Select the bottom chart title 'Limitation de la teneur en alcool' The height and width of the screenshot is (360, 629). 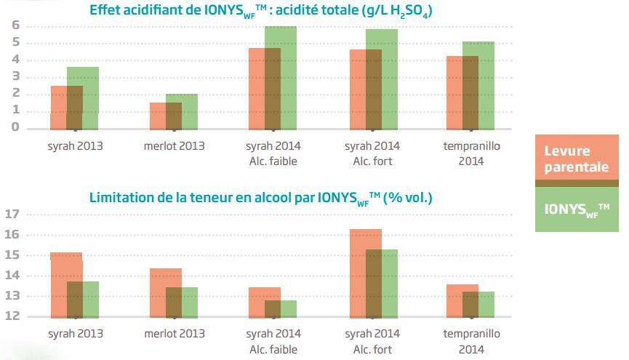[261, 197]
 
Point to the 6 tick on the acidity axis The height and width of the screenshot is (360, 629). [14, 26]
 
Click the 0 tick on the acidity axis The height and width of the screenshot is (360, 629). [14, 127]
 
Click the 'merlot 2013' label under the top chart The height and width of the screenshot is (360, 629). [175, 145]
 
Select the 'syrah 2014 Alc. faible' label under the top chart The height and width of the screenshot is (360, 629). [273, 153]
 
